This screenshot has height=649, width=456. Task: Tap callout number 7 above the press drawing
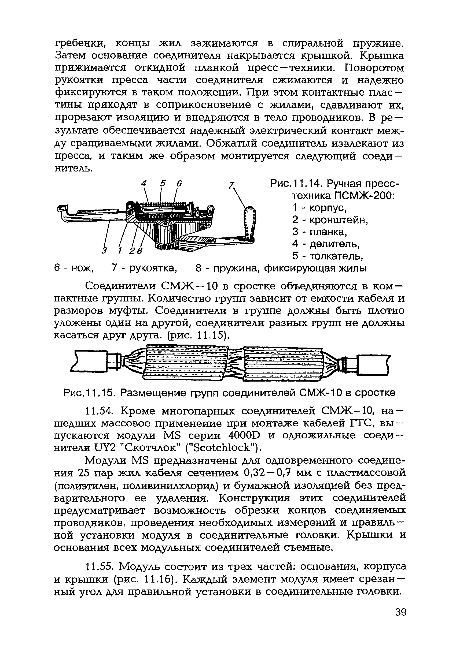[231, 185]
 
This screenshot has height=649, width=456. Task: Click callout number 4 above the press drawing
[144, 184]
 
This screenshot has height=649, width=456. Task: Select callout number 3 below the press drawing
[105, 250]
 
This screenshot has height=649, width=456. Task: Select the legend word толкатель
[336, 256]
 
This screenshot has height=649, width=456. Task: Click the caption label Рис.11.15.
[90, 393]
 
